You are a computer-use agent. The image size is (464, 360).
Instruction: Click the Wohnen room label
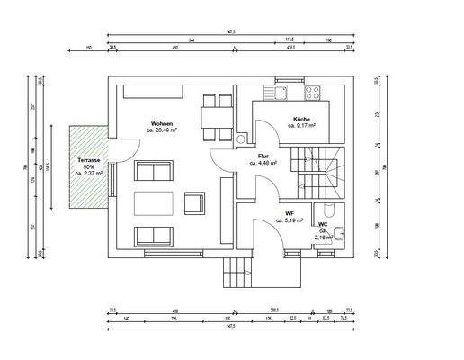tap(162, 123)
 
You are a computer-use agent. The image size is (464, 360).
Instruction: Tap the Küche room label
tap(301, 120)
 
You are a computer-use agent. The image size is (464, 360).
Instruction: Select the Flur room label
tap(267, 157)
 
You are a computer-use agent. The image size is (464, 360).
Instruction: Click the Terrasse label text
tap(89, 158)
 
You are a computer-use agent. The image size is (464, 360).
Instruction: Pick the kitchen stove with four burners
tap(315, 92)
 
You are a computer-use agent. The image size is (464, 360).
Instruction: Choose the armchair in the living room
tap(194, 202)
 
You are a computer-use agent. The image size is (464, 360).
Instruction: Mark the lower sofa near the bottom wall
tap(154, 237)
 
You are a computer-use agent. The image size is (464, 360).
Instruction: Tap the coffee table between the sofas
tap(154, 202)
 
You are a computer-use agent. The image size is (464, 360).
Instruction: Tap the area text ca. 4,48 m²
tap(267, 164)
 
